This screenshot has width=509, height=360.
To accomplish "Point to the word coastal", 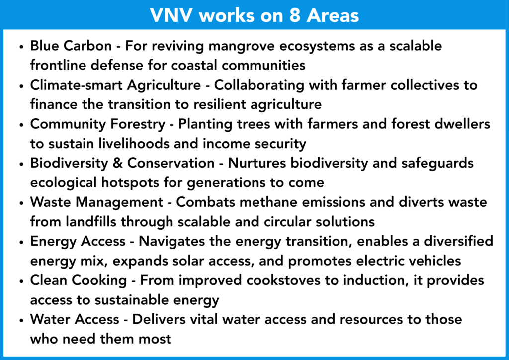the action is [x=192, y=65].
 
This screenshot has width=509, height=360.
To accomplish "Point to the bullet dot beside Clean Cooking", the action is [x=21, y=281].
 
